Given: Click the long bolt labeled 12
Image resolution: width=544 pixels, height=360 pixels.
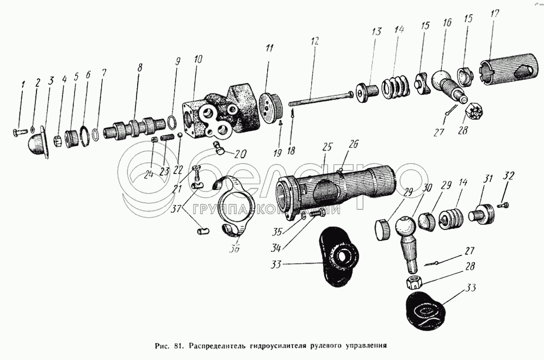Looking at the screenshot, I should point(321,98).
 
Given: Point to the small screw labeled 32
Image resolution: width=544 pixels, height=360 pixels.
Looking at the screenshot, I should point(504,204).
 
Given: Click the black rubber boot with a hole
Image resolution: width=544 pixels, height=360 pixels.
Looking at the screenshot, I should point(337,256).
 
